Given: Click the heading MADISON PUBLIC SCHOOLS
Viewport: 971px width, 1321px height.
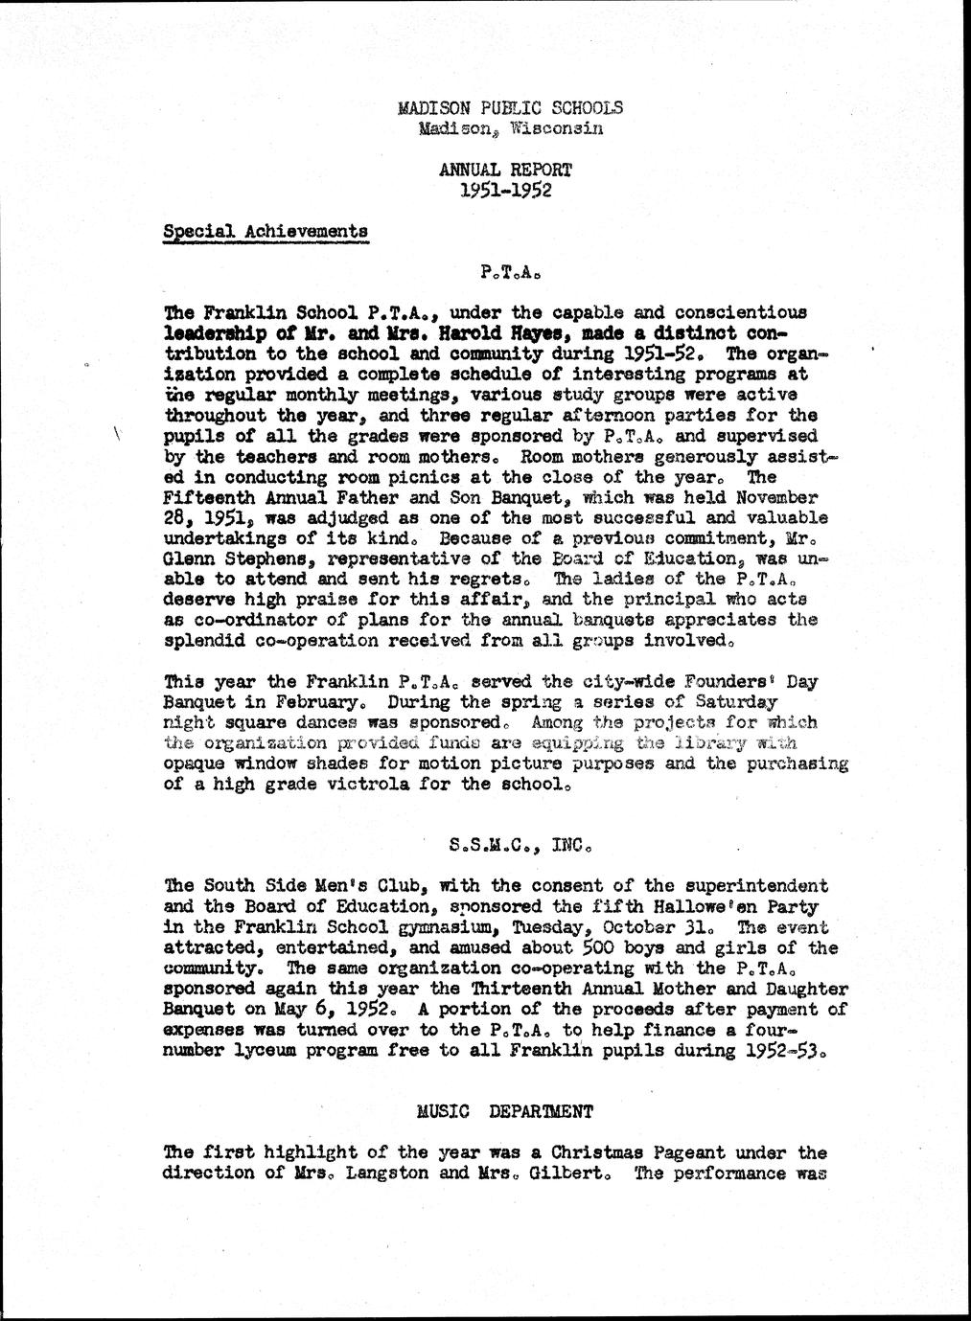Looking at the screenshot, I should (x=509, y=107).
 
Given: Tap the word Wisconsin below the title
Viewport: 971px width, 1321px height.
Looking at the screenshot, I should (x=556, y=127).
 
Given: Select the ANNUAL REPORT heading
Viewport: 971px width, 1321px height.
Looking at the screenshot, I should (x=505, y=170).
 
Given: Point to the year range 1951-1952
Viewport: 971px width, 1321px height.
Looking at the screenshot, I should (x=505, y=190).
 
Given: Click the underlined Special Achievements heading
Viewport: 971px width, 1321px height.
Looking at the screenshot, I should (x=265, y=231).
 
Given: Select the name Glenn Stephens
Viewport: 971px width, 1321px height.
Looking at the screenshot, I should (x=238, y=558).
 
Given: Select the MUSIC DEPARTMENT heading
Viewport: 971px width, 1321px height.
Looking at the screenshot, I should (x=505, y=1111).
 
